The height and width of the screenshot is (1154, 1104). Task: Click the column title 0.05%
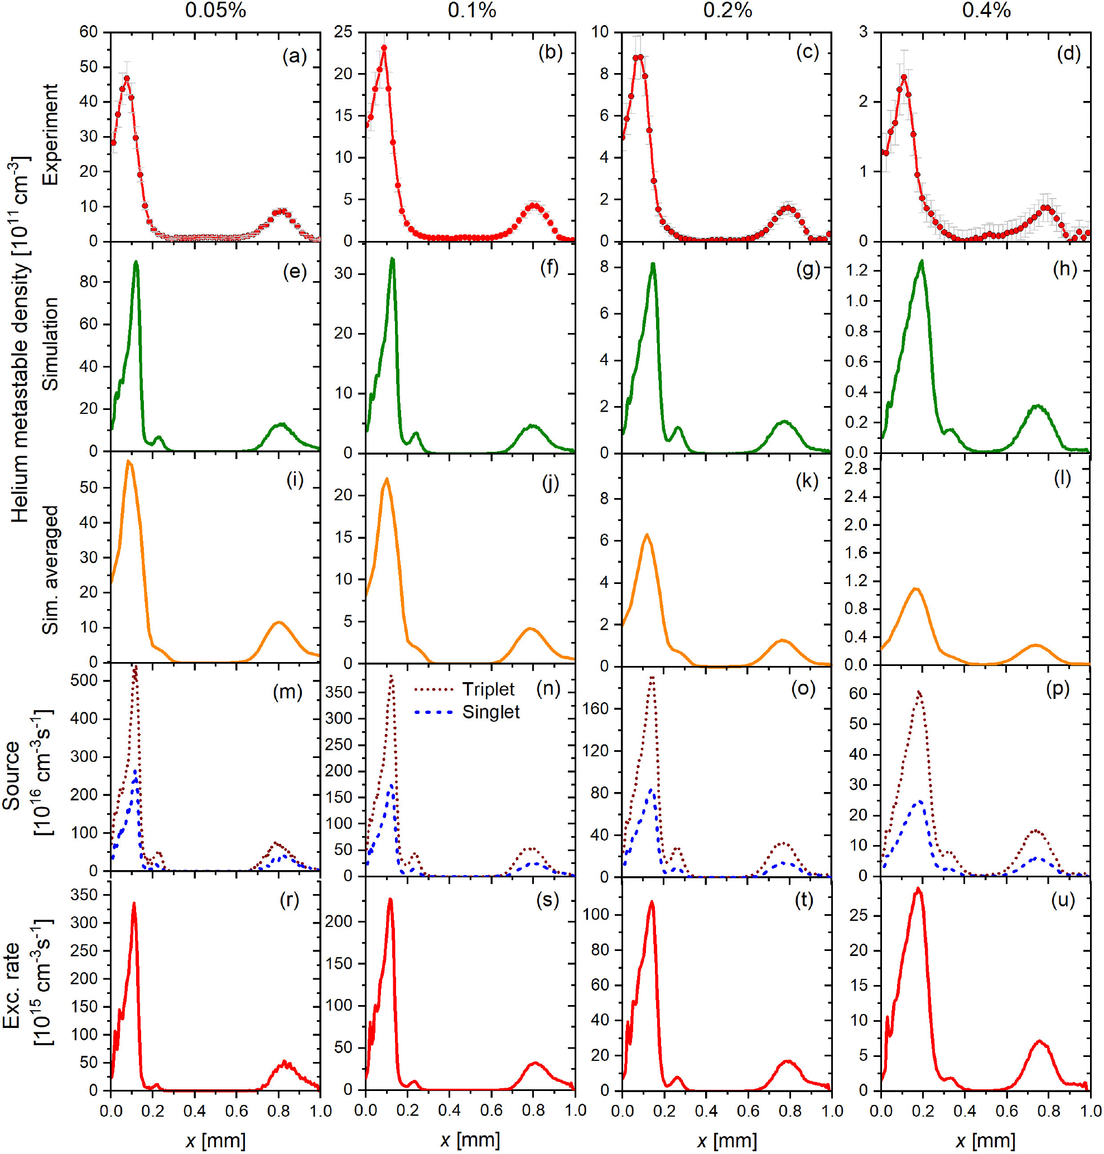[215, 11]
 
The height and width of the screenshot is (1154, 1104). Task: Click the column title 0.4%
[986, 11]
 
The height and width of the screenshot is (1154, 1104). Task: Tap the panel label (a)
[294, 56]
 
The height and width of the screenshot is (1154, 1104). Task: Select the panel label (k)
[807, 481]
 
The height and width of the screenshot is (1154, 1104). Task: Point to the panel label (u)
[1063, 900]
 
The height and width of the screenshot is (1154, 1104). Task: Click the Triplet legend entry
[488, 689]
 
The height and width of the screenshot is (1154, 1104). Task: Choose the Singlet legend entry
[491, 712]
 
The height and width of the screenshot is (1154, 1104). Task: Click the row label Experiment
[51, 134]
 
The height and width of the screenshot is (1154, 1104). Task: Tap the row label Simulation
[51, 344]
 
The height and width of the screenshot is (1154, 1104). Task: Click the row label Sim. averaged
[51, 569]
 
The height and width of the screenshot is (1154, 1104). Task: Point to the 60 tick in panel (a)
[88, 32]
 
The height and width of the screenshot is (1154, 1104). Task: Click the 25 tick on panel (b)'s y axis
[343, 32]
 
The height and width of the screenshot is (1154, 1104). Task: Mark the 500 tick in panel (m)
[84, 680]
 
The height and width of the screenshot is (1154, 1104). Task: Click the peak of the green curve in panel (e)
[136, 262]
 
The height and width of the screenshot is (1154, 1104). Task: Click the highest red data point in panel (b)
[384, 49]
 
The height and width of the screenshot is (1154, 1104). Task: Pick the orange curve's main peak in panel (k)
[647, 534]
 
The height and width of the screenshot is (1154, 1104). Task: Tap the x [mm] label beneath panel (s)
[470, 1141]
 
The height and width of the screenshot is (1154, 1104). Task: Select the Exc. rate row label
[12, 985]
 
